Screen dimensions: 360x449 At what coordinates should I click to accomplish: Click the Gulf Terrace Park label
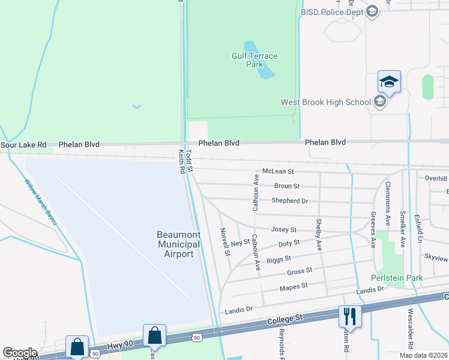click(255, 60)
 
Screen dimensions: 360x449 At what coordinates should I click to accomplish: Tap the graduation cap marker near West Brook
click(389, 82)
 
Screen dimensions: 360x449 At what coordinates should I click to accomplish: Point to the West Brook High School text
click(326, 102)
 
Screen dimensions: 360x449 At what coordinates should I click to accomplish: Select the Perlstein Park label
click(396, 278)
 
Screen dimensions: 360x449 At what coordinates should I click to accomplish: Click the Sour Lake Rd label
click(23, 145)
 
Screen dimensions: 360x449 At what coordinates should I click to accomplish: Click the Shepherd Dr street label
click(289, 201)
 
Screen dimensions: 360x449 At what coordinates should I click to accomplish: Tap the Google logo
click(20, 352)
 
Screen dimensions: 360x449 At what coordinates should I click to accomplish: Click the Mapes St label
click(294, 287)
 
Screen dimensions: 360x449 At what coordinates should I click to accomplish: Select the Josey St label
click(284, 230)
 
